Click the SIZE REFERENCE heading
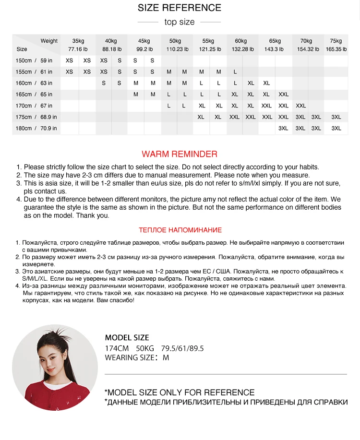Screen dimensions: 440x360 [180, 8]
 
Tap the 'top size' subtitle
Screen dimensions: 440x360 [180, 22]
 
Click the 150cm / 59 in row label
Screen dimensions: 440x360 [33, 60]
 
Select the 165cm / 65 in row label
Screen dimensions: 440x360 [33, 95]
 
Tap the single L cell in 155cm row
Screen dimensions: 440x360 [235, 72]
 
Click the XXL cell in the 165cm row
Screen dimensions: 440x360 [283, 95]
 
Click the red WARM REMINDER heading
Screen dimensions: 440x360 [180, 154]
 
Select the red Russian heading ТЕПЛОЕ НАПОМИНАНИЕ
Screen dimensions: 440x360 [180, 230]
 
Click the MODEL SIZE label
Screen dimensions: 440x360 [127, 337]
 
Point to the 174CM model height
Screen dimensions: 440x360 [117, 348]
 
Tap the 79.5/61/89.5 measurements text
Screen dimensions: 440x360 [182, 348]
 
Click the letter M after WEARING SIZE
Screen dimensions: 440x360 [166, 357]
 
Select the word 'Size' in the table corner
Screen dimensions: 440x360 [22, 49]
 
